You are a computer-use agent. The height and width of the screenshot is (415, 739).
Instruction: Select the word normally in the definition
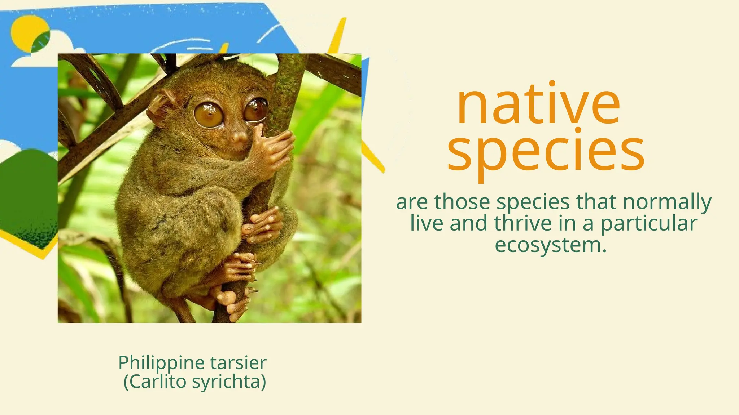click(667, 202)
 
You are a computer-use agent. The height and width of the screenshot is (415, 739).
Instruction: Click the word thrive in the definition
click(523, 223)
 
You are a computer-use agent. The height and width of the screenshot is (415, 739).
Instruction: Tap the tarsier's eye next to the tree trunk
click(256, 110)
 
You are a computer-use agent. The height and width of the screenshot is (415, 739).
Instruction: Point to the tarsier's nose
click(239, 137)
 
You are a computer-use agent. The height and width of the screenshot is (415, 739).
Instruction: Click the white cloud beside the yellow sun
click(54, 50)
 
